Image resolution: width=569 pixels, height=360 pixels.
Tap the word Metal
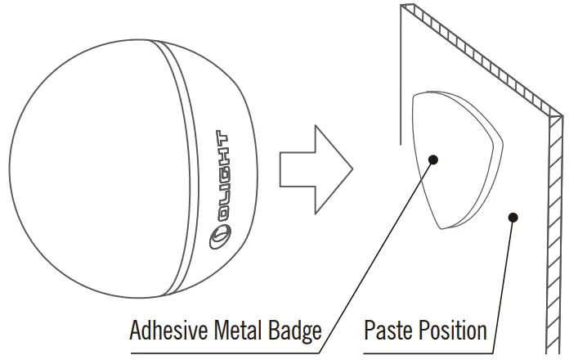[238, 331]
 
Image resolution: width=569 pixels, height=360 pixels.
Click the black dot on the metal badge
[433, 160]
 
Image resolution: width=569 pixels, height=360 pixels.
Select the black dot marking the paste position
[513, 218]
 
